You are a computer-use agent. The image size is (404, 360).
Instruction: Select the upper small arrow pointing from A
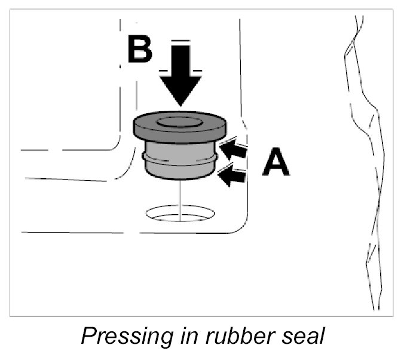pos(233,149)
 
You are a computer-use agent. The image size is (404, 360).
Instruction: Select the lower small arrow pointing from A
pos(232,175)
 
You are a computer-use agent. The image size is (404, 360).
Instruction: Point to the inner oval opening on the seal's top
pos(179,121)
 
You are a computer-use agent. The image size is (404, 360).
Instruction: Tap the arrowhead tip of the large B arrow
pos(181,105)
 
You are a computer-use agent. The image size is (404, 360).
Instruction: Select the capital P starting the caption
pos(88,336)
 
